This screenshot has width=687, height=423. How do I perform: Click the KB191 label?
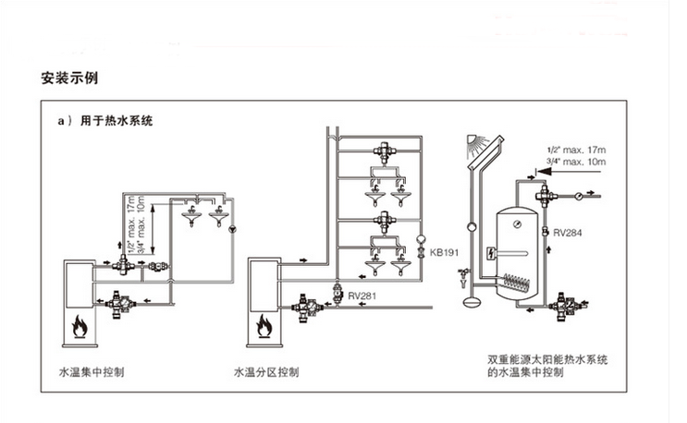coord(443,252)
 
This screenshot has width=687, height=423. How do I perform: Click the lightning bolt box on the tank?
coord(491,254)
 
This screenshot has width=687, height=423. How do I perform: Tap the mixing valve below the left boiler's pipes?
coord(118,299)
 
